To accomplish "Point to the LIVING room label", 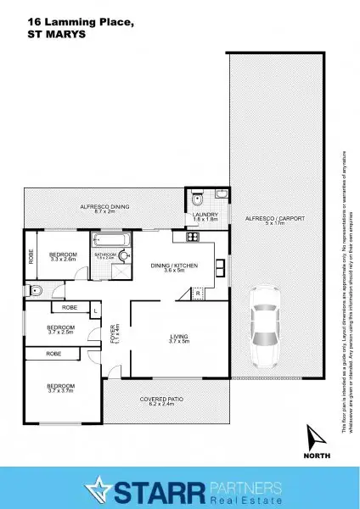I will [x=179, y=341].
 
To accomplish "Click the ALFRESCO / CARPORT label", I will [x=274, y=221].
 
